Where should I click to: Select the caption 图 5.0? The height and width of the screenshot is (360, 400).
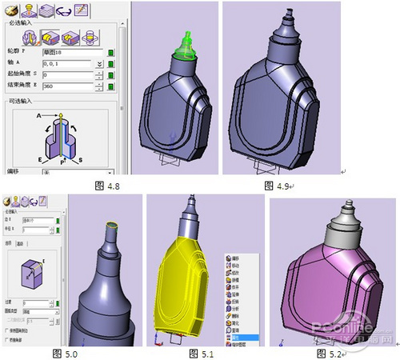[63, 352]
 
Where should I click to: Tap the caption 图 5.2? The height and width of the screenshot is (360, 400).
[328, 352]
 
